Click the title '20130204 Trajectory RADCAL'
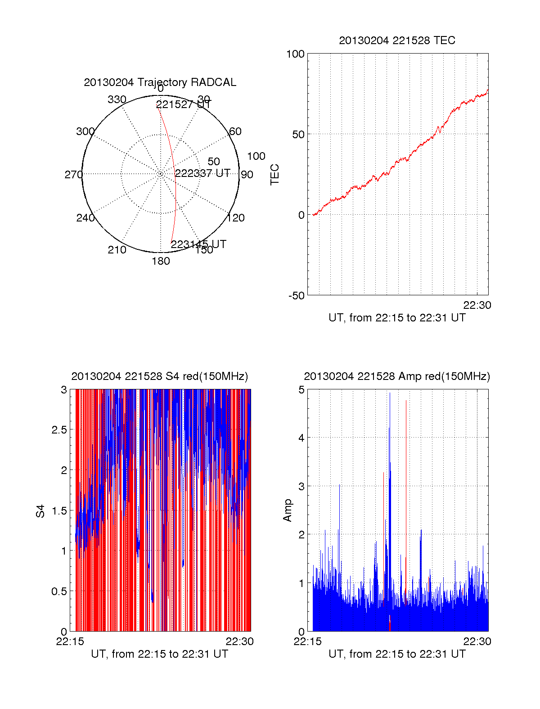(160, 82)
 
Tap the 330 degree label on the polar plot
(117, 99)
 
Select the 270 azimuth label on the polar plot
(73, 175)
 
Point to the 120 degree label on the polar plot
(236, 218)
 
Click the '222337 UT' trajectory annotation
(202, 173)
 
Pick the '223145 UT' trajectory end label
(198, 244)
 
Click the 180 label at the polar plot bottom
(161, 261)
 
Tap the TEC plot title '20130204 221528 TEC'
(397, 41)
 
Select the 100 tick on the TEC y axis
(295, 54)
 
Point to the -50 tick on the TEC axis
(297, 296)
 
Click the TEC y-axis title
(274, 174)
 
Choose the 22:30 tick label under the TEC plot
(477, 305)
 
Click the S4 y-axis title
(40, 511)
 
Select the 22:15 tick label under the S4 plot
(70, 641)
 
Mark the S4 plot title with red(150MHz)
(160, 376)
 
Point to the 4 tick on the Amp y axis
(301, 438)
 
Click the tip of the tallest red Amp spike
(406, 400)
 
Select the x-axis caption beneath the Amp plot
(397, 654)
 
